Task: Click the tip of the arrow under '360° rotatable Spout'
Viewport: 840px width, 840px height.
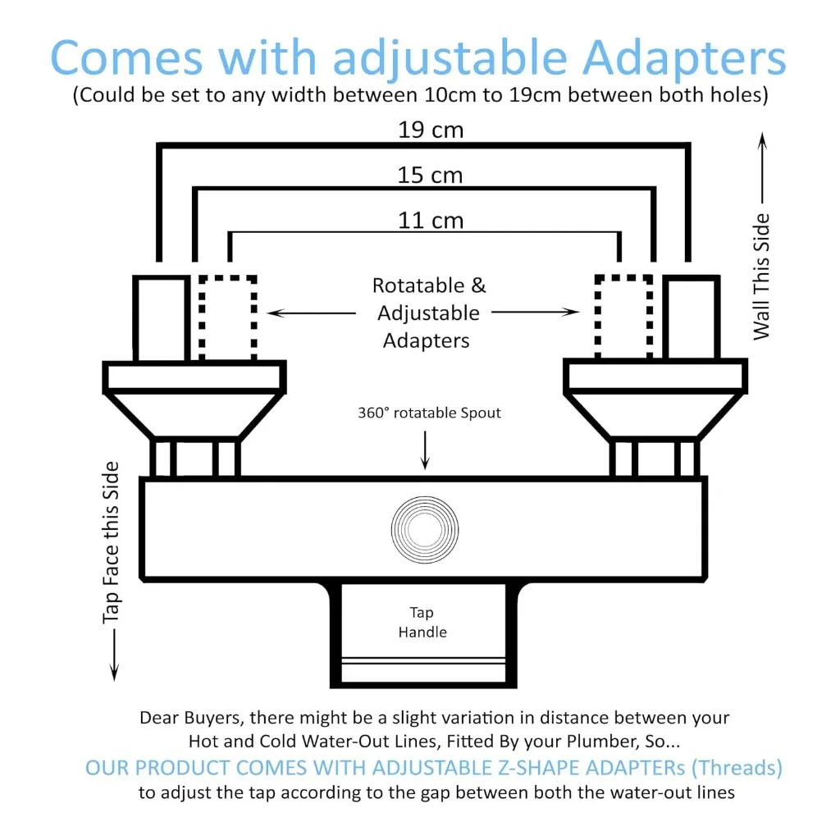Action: click(426, 469)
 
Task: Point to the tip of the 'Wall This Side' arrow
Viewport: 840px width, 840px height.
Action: click(762, 133)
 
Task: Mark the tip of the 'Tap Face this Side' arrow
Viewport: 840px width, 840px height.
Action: click(114, 680)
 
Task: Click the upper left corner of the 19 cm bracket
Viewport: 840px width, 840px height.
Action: click(159, 145)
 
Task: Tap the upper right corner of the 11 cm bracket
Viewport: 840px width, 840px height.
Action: click(619, 233)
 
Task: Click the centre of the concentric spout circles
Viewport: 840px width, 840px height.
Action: click(425, 529)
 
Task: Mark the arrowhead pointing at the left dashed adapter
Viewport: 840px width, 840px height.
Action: click(268, 313)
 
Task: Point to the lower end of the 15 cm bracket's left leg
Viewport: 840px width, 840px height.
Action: click(195, 262)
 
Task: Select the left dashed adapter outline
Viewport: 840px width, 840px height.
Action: click(228, 318)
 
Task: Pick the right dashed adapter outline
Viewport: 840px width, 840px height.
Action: click(624, 317)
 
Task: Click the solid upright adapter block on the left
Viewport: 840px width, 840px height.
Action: click(162, 318)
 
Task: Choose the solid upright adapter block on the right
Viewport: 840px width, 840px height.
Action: click(691, 317)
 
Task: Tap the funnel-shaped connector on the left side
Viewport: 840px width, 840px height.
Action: click(194, 416)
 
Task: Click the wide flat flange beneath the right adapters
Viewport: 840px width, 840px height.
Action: click(655, 375)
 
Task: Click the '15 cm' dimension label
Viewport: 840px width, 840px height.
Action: click(430, 176)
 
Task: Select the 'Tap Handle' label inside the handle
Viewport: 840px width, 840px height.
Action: click(422, 622)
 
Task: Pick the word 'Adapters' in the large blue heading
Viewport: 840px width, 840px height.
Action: click(684, 58)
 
